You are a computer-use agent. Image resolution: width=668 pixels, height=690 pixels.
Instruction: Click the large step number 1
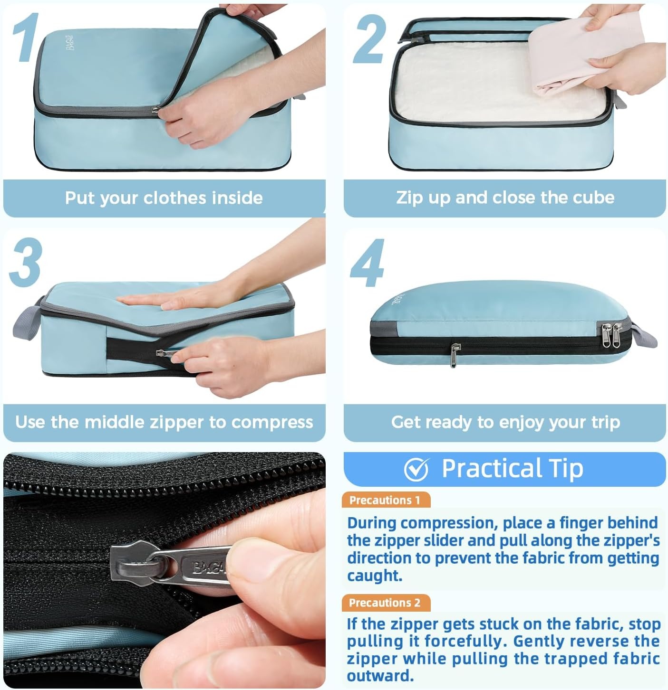(26, 37)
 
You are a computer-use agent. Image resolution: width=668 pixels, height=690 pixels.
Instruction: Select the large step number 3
(26, 262)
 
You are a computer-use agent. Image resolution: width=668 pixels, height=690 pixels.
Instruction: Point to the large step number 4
(368, 263)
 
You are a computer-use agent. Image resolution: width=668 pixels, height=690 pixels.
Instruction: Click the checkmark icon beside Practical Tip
(416, 469)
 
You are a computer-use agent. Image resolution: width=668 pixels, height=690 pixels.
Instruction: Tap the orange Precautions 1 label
(386, 500)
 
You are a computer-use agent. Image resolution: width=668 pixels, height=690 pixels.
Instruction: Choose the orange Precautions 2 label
(386, 603)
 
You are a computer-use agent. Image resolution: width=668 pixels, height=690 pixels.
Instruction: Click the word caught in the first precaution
(375, 576)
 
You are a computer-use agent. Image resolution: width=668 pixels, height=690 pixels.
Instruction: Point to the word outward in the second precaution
(380, 675)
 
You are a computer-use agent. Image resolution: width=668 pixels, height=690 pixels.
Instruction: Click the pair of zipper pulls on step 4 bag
(611, 334)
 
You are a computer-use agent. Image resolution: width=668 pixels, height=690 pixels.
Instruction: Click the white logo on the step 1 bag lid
(70, 43)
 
